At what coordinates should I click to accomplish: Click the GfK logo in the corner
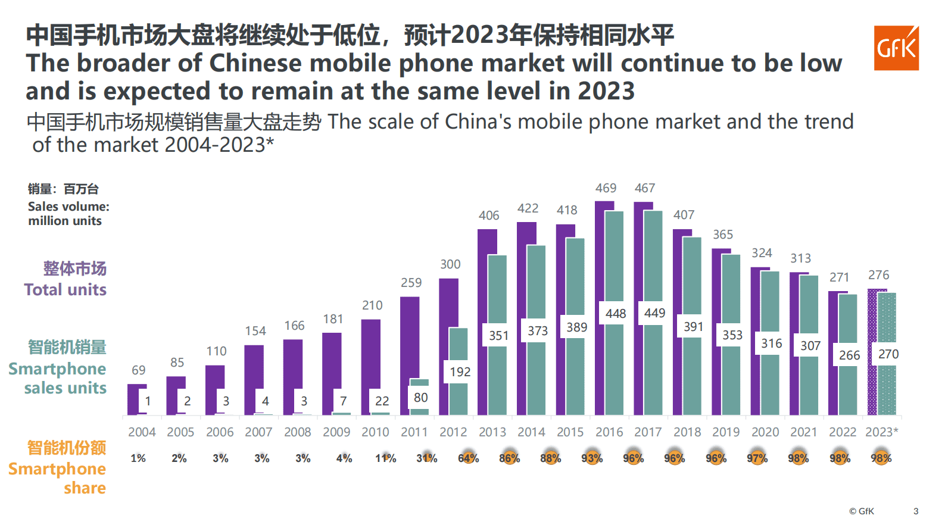[896, 48]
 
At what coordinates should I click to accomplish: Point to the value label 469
[606, 188]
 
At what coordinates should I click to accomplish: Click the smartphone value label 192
[460, 372]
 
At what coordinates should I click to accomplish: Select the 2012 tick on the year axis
[453, 432]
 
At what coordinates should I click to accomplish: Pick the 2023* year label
[881, 432]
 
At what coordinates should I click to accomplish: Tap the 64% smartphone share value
[468, 458]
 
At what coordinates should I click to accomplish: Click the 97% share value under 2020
[757, 458]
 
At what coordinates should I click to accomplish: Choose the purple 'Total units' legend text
[66, 290]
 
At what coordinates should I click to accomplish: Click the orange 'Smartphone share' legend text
[58, 478]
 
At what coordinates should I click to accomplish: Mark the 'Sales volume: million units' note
[68, 214]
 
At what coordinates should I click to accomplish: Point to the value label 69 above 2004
[138, 370]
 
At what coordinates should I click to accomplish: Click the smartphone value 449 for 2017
[654, 313]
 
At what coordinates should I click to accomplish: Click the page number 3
[916, 511]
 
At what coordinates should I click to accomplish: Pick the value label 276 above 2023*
[878, 275]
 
